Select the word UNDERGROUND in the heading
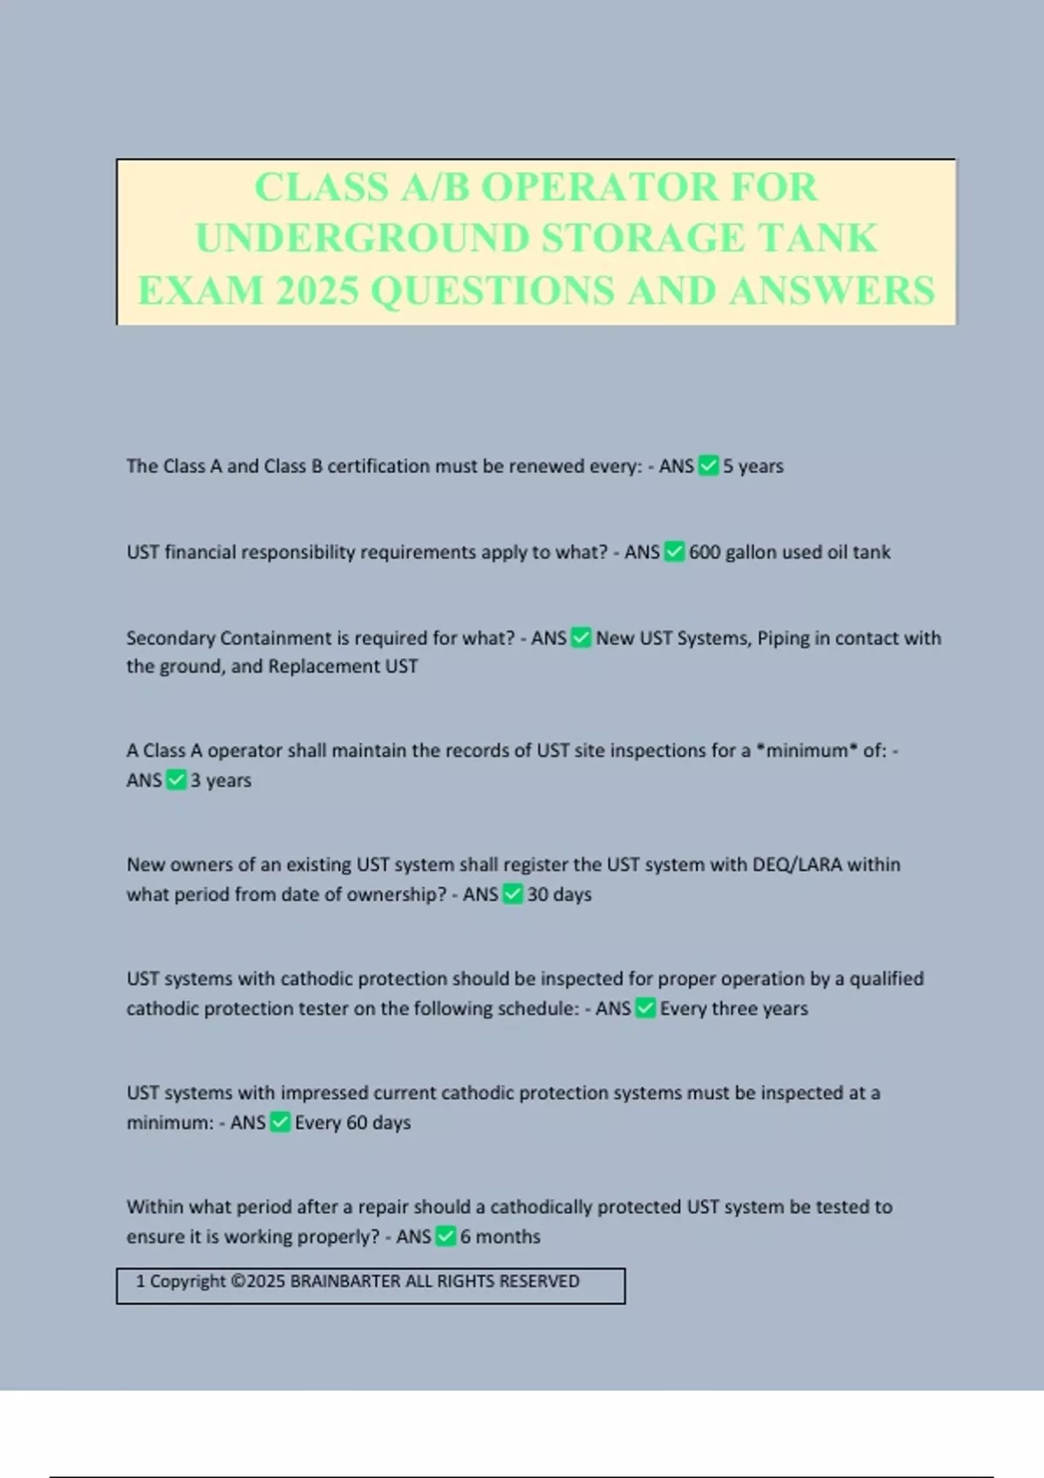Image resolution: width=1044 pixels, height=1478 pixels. (x=362, y=239)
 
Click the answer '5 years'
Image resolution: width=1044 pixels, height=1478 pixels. (x=753, y=467)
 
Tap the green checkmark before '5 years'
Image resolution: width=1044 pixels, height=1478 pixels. (x=709, y=466)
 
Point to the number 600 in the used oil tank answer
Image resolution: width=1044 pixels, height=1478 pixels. (x=705, y=552)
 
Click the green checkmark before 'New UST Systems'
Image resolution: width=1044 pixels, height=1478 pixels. (x=581, y=638)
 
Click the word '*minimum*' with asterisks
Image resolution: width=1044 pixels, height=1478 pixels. (x=806, y=751)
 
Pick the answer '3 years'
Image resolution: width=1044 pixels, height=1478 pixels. (x=221, y=781)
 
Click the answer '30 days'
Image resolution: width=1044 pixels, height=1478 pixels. (x=559, y=895)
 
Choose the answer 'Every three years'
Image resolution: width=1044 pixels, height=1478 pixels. (x=734, y=1009)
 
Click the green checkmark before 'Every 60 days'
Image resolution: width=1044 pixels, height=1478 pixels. (x=280, y=1122)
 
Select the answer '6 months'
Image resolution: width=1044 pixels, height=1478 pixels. (x=500, y=1236)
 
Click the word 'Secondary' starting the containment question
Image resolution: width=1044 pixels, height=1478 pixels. (x=171, y=638)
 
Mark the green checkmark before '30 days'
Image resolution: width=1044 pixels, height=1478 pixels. (x=513, y=895)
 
